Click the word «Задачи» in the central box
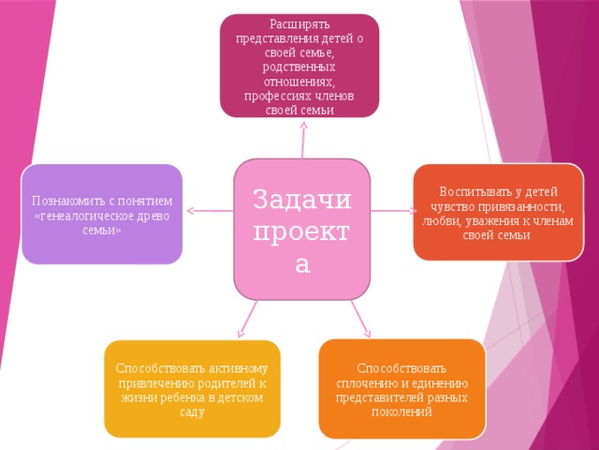[x=301, y=199]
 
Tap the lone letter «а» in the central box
[x=302, y=263]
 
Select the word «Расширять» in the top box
[x=299, y=24]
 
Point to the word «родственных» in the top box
[x=299, y=67]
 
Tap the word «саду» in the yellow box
[x=192, y=412]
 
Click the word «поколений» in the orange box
[x=402, y=412]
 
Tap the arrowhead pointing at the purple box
[x=191, y=210]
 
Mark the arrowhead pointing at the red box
[x=413, y=210]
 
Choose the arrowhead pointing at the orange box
[x=367, y=333]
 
